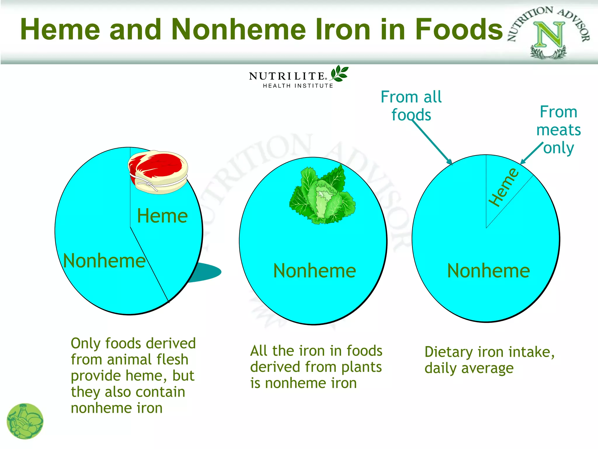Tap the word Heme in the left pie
(x=162, y=216)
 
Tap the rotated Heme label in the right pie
(x=504, y=187)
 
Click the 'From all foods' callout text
(x=411, y=106)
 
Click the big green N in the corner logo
(x=549, y=34)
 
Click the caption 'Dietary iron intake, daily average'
(x=489, y=360)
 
